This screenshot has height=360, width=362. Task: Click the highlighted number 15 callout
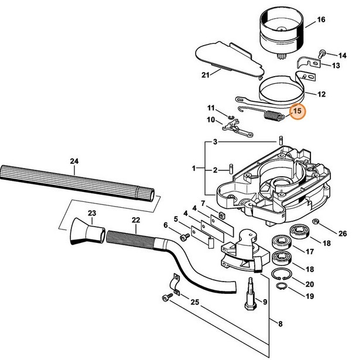tap(297, 110)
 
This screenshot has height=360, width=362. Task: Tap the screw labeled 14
tap(322, 54)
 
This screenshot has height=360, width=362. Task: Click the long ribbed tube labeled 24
tap(76, 183)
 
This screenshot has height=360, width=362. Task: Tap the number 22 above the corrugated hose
tap(135, 220)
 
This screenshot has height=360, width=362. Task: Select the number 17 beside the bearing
tap(326, 253)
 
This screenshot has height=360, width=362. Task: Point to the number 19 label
tap(326, 296)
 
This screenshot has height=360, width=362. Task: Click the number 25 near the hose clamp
tap(195, 302)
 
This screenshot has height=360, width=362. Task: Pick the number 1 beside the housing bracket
tap(194, 169)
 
